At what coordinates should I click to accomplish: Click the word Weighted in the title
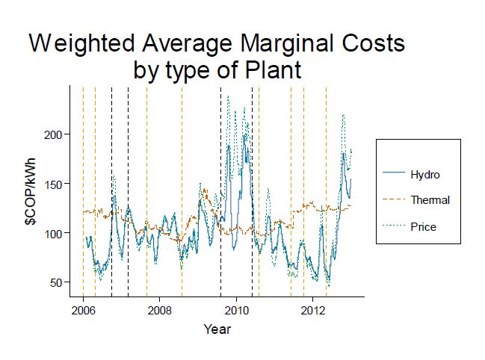77,43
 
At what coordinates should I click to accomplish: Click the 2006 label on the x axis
83,310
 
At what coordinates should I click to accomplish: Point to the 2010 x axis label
236,310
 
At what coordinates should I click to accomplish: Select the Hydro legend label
425,175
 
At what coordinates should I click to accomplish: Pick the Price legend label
423,226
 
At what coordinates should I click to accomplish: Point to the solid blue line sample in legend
393,175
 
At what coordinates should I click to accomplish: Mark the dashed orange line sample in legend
393,200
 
